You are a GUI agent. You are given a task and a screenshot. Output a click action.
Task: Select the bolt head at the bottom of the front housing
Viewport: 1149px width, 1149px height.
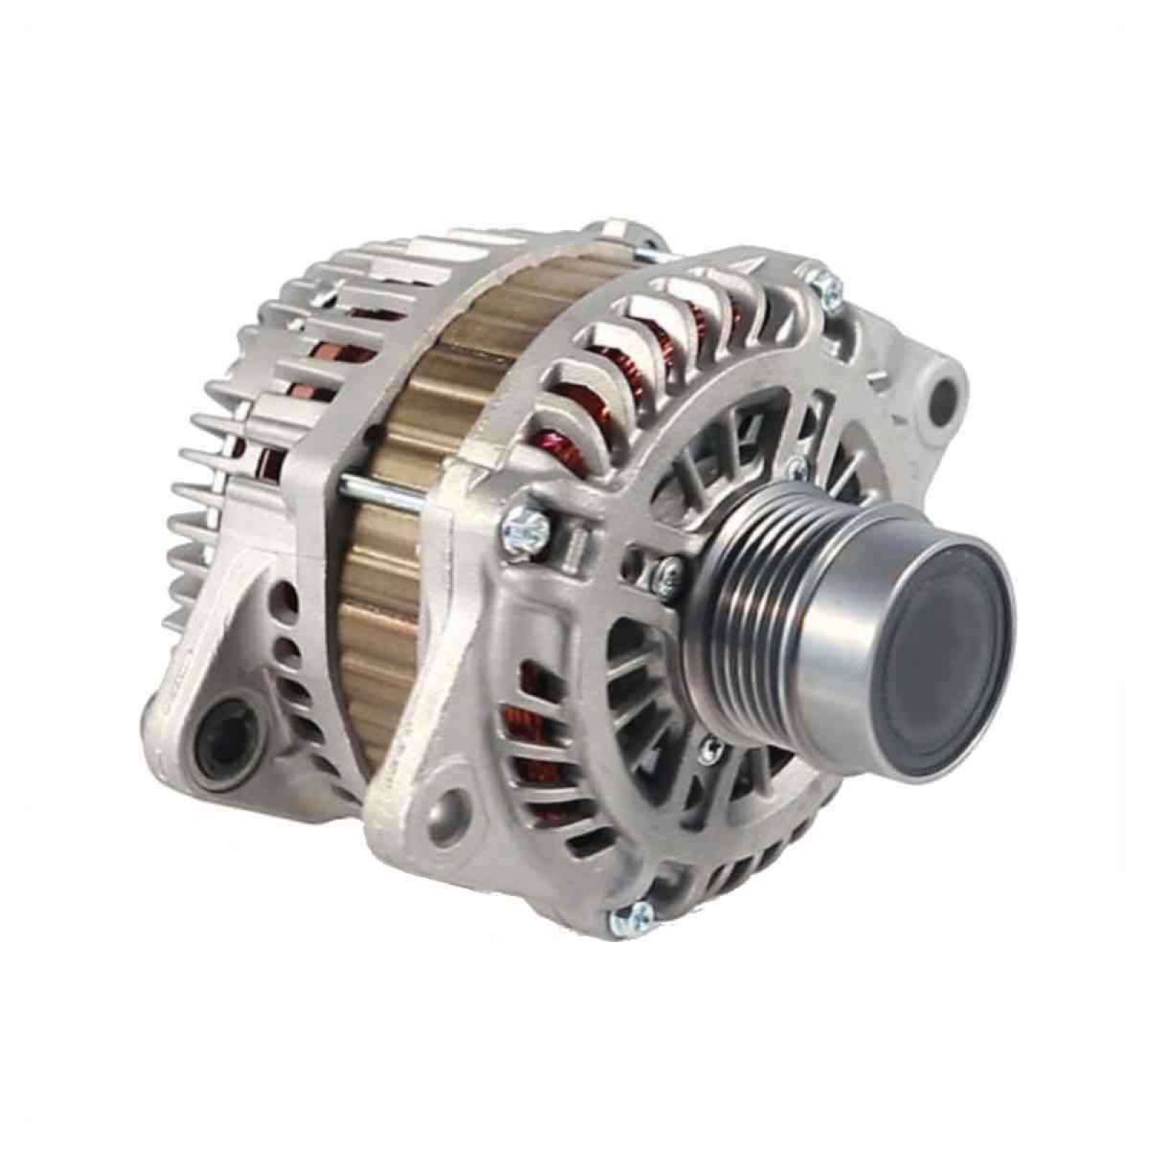[x=632, y=916]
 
